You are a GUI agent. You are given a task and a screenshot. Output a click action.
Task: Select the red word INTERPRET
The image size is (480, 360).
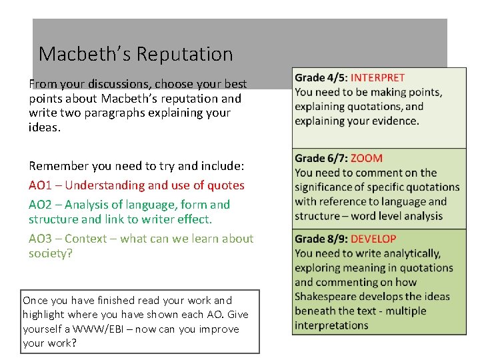coord(377,78)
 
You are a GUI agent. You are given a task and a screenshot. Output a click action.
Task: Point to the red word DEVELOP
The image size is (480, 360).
coord(373,239)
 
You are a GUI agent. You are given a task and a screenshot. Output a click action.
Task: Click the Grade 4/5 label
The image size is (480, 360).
coord(321,78)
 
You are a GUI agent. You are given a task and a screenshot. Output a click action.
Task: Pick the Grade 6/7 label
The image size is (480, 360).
coord(321,159)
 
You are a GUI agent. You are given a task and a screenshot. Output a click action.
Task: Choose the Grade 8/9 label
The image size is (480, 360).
coord(321,239)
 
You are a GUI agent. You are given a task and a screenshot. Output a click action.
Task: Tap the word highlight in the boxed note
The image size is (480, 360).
coord(44,315)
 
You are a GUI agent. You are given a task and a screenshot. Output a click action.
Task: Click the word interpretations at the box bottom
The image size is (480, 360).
coord(331,326)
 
